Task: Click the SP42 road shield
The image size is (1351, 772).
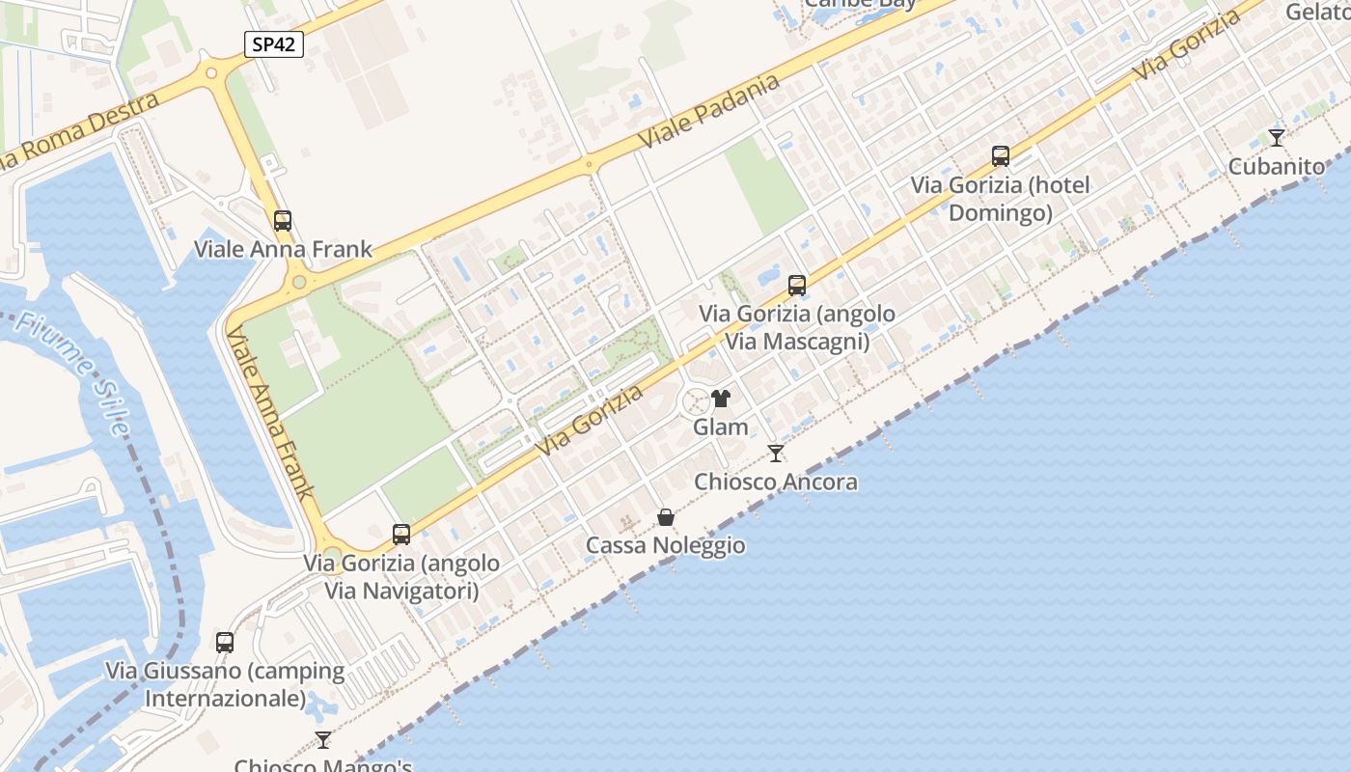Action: click(x=274, y=44)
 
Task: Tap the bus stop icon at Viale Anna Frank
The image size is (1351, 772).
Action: click(x=283, y=221)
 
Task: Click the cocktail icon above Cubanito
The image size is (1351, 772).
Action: click(x=1277, y=138)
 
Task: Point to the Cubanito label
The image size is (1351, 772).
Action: click(x=1276, y=166)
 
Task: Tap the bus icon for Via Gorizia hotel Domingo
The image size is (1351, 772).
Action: click(x=1001, y=156)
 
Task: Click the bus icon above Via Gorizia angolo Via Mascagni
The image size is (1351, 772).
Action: click(x=797, y=286)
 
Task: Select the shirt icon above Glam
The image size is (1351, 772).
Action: click(x=721, y=399)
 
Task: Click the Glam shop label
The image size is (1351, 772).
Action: click(x=721, y=427)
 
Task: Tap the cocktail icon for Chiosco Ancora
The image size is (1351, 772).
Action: click(x=776, y=454)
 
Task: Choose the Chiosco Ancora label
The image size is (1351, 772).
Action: click(x=776, y=482)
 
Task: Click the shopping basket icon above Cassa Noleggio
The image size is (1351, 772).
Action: click(x=666, y=518)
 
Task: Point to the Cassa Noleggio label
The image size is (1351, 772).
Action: click(x=666, y=545)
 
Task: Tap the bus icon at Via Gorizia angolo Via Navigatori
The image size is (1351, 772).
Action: click(x=401, y=535)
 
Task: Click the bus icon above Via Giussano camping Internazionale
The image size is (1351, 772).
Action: click(x=225, y=643)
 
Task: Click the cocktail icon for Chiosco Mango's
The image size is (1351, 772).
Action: click(x=323, y=740)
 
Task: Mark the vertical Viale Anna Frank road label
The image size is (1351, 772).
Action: click(x=270, y=413)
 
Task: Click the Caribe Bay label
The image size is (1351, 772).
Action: click(x=861, y=4)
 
